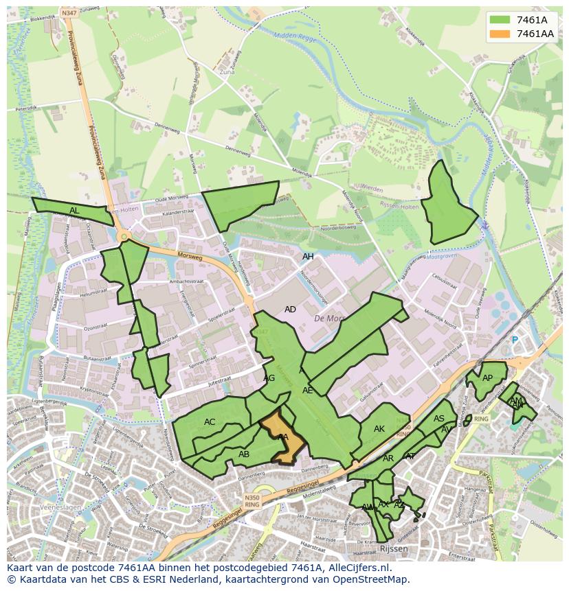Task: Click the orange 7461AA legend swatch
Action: (500, 34)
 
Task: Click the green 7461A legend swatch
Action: (500, 20)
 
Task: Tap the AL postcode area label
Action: (74, 211)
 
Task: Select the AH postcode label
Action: (308, 257)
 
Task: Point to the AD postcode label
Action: (290, 310)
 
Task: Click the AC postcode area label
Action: (210, 422)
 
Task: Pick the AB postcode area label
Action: (244, 454)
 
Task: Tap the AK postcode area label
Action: (379, 429)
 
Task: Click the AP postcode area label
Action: (487, 378)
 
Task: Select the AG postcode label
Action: (269, 378)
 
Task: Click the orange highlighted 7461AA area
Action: (287, 443)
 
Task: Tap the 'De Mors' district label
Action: (328, 318)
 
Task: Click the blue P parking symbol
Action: (515, 340)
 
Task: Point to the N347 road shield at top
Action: (69, 13)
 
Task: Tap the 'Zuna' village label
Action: (227, 71)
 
